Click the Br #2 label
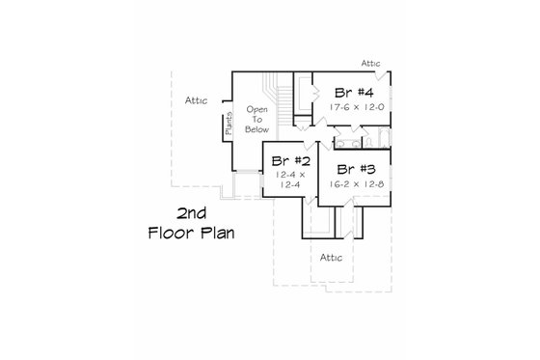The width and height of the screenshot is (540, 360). point(290,160)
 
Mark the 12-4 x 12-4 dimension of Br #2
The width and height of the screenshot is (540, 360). point(290,180)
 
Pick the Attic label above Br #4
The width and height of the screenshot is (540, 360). point(372,64)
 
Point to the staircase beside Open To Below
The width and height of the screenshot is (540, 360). point(285,102)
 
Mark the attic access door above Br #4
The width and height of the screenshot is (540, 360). point(384,75)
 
